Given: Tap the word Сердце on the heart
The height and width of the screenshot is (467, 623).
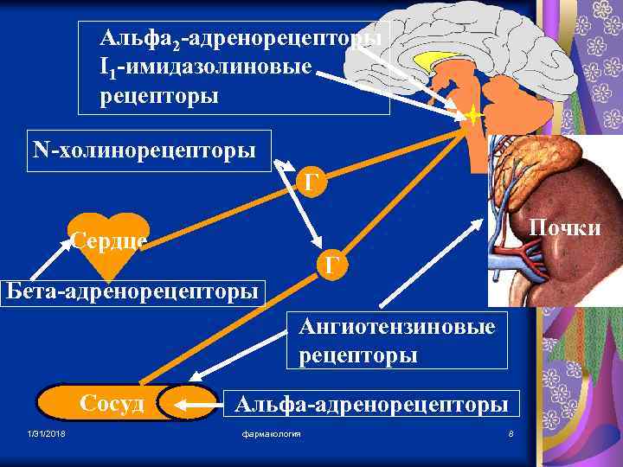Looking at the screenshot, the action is (109, 240).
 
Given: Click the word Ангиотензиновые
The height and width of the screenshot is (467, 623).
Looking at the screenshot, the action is (397, 327).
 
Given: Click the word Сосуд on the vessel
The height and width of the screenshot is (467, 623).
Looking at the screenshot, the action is (112, 404).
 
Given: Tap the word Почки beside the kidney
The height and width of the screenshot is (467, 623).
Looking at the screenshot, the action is (565, 227).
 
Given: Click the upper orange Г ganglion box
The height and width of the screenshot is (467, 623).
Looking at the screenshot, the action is (313, 182).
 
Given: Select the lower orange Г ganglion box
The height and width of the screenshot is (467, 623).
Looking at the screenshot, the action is (332, 265).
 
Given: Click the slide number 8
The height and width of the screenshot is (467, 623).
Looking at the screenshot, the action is (511, 433).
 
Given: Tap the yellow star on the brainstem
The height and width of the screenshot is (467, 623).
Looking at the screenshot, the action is (473, 114).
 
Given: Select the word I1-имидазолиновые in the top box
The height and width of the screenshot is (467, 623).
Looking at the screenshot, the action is (205, 67).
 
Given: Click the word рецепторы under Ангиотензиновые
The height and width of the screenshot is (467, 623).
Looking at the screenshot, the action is (358, 355).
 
